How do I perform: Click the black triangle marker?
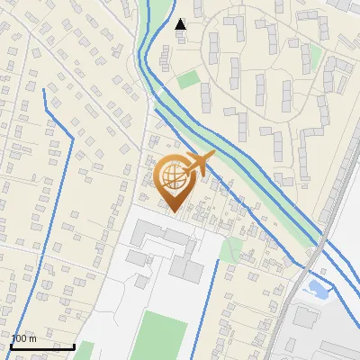point(180,23)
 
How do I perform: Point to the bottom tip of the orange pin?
point(174,211)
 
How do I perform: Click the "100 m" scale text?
point(24,338)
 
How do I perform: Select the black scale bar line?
point(42,346)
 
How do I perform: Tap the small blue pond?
point(317,289)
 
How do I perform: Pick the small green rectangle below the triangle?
point(188,79)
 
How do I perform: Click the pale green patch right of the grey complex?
point(232,247)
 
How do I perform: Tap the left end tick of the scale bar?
point(12,346)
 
